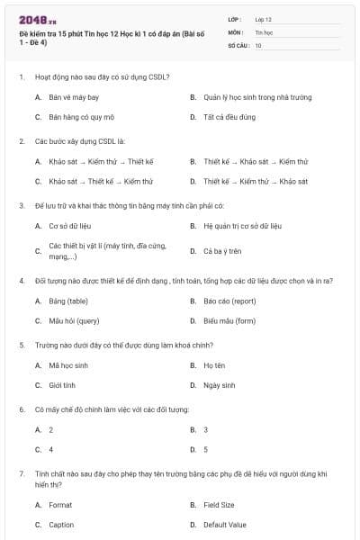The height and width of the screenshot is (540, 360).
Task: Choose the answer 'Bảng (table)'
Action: [x=68, y=301]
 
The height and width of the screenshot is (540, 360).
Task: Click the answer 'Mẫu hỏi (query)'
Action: [x=74, y=320]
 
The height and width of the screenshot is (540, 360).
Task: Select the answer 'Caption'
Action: [x=61, y=525]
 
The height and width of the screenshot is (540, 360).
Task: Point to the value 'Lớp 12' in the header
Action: [x=263, y=18]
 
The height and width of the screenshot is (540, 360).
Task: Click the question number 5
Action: [x=21, y=345]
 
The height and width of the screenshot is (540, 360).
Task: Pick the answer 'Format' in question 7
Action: [x=60, y=505]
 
